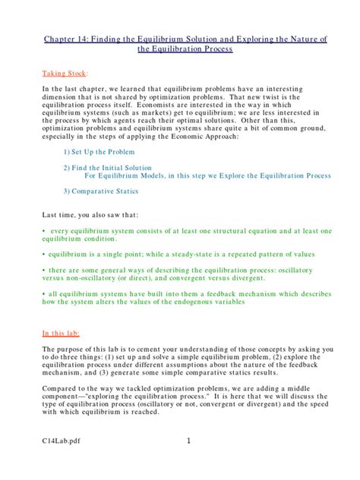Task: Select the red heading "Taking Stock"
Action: click(x=65, y=74)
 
